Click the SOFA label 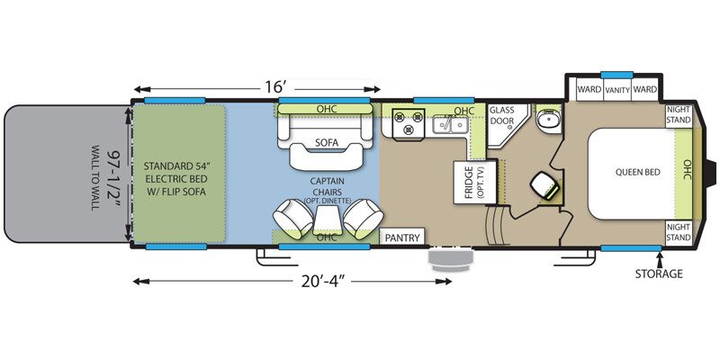point(326,141)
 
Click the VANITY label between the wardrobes point(616,90)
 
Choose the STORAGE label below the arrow point(660,274)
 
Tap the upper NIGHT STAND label point(678,114)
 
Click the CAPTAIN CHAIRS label point(326,183)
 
